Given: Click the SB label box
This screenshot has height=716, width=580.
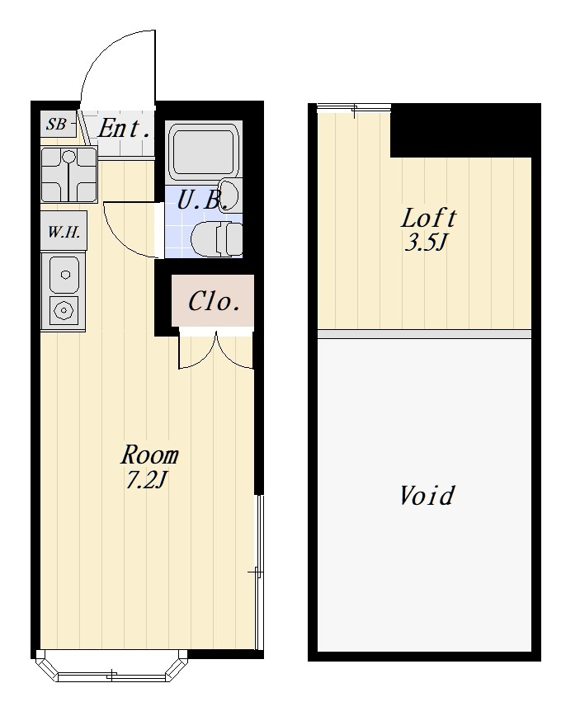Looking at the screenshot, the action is click(58, 124).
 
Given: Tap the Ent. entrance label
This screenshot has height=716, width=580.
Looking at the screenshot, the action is click(123, 129).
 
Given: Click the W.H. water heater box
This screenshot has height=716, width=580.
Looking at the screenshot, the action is click(64, 232).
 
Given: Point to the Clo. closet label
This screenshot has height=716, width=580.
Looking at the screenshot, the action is click(215, 301).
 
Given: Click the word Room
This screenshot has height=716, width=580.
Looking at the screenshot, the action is click(149, 455).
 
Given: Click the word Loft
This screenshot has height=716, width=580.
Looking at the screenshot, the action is click(428, 218).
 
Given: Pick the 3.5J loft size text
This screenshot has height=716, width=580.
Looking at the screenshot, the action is click(425, 243).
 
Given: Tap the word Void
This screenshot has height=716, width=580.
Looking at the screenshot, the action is click(427, 495).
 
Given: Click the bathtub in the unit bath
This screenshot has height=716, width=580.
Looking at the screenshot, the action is click(204, 149).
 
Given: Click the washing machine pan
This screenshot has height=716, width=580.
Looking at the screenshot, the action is click(68, 175).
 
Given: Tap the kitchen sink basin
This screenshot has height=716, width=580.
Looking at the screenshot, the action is click(64, 275).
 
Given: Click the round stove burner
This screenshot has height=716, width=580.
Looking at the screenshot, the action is click(64, 310).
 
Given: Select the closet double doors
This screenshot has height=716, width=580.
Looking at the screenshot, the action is click(215, 351).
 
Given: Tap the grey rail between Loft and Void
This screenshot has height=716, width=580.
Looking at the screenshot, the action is click(424, 334).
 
